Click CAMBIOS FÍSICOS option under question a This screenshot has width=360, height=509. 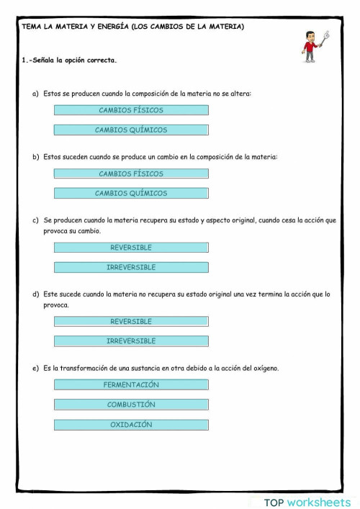(x=131, y=110)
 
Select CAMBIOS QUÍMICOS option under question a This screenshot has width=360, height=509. (x=131, y=130)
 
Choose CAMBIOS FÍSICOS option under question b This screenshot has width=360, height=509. (x=131, y=174)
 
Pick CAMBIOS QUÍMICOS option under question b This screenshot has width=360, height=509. (x=131, y=193)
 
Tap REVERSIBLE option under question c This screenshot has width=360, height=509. (x=131, y=247)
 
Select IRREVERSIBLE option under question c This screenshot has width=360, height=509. (x=131, y=267)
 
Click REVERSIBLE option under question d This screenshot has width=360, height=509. (x=131, y=321)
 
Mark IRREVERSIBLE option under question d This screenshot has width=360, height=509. (x=131, y=341)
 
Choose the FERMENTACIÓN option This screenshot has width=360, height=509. (x=131, y=384)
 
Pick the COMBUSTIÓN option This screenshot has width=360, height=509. (x=131, y=405)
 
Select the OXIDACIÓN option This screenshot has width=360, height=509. (x=131, y=425)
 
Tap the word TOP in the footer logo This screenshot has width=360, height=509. (x=274, y=502)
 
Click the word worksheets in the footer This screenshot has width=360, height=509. (x=318, y=502)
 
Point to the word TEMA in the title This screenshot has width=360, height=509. (x=31, y=27)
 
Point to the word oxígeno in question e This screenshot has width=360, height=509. (x=264, y=368)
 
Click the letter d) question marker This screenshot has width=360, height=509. (x=36, y=294)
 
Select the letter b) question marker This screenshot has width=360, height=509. (x=36, y=156)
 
